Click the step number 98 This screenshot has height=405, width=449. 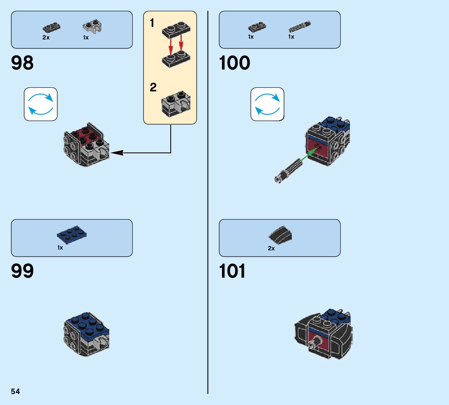[x=23, y=63]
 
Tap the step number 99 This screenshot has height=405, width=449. [x=23, y=271]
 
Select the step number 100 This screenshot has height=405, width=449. [x=234, y=63]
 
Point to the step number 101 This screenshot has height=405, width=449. [x=232, y=271]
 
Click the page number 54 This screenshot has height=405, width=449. [x=15, y=391]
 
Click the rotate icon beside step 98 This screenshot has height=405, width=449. [x=41, y=104]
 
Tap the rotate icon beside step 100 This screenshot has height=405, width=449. [x=267, y=104]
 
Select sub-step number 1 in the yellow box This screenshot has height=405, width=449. [x=152, y=23]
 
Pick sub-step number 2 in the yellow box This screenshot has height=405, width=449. [x=153, y=87]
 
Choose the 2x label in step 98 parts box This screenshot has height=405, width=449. [x=46, y=37]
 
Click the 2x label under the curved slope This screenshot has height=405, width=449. [x=271, y=248]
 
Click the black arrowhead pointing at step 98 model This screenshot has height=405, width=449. [x=117, y=153]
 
